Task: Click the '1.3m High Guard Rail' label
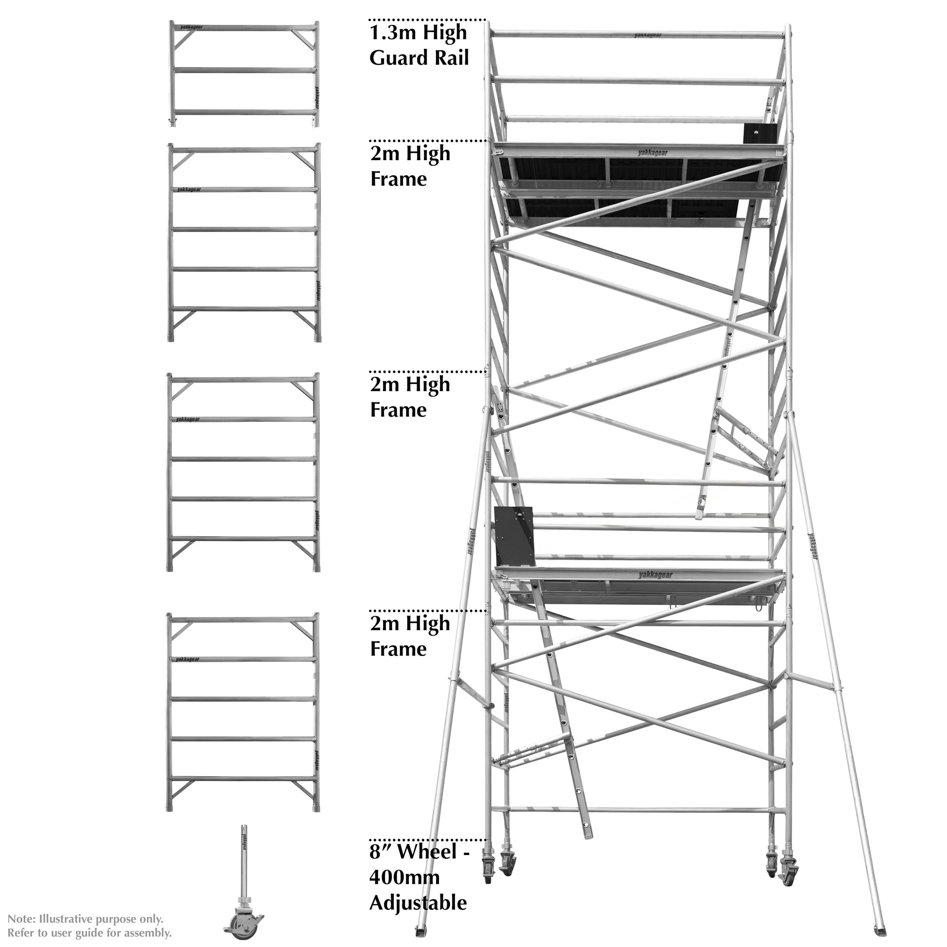point(419,45)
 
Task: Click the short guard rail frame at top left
point(244,73)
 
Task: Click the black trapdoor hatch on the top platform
point(760,133)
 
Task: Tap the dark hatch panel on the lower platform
point(514,536)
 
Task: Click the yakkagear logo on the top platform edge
point(653,152)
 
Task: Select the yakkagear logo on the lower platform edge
point(656,575)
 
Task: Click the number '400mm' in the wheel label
point(404,877)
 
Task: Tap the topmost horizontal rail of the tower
point(637,36)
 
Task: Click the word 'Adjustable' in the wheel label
point(418,903)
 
